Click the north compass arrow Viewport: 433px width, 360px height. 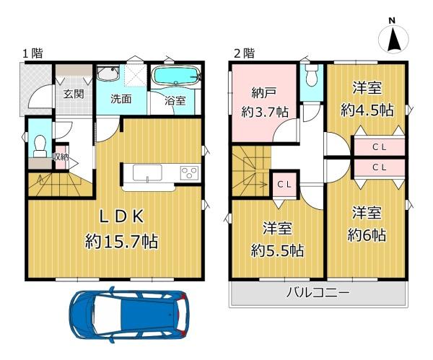(x=394, y=40)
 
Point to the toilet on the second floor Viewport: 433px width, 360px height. (x=312, y=75)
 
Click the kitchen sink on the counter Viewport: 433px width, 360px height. (x=147, y=172)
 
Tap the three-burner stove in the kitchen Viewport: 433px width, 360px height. (x=189, y=172)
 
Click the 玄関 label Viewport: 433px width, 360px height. (x=74, y=94)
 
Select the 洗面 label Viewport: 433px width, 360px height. (x=121, y=99)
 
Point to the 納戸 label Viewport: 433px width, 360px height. (x=263, y=93)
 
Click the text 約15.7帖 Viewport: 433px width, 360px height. (x=121, y=241)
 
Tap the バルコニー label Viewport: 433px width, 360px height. (x=318, y=292)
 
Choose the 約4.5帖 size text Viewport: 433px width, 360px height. (x=367, y=110)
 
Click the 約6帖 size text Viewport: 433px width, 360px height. (x=367, y=235)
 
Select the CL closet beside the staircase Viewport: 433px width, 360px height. (x=284, y=185)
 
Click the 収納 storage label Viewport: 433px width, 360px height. (x=61, y=157)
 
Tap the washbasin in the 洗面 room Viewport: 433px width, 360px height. (x=108, y=73)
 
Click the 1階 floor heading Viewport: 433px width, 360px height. (x=32, y=53)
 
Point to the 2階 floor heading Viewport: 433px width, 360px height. (x=244, y=53)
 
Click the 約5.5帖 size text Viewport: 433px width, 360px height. (x=277, y=250)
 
